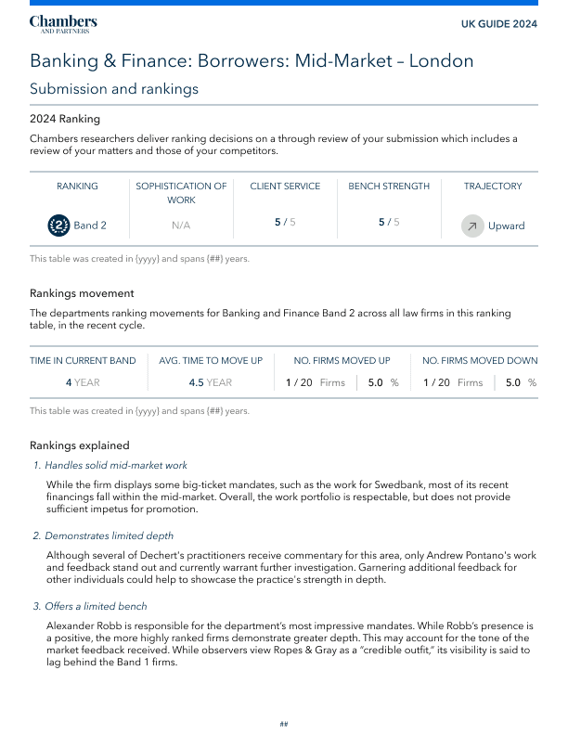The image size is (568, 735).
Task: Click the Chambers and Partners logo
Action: (63, 24)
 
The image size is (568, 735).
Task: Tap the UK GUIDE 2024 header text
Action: (499, 24)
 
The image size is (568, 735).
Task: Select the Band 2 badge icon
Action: (58, 226)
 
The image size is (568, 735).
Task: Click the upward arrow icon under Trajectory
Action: (472, 226)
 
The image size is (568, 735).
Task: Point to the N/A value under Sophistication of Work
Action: (181, 226)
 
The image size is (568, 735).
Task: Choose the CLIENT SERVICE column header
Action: (285, 187)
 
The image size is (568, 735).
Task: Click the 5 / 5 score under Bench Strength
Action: (389, 223)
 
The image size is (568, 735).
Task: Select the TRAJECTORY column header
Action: (493, 187)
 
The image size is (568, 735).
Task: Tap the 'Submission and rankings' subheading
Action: (114, 89)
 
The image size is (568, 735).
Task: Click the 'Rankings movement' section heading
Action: (82, 293)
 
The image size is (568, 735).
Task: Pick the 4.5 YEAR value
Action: (210, 382)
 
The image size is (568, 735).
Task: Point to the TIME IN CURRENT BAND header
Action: (83, 361)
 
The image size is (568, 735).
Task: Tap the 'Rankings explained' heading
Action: (79, 445)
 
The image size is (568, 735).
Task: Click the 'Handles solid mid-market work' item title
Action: (116, 465)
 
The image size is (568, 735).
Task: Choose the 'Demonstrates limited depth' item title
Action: (109, 535)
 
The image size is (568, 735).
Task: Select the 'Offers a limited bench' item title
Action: (97, 607)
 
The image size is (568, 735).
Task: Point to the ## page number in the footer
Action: (284, 723)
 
